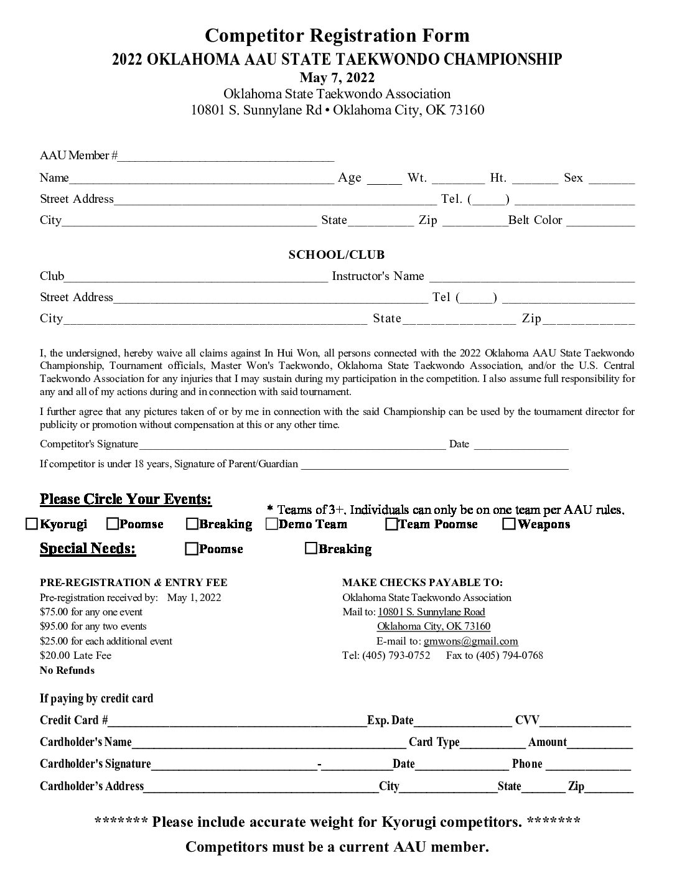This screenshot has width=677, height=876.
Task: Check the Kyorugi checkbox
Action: (x=32, y=524)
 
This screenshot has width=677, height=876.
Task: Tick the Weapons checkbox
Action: (x=508, y=524)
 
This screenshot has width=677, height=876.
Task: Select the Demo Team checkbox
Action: (x=271, y=524)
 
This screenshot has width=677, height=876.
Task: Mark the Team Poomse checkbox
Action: (x=391, y=524)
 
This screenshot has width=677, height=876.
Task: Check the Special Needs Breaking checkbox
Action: (x=311, y=548)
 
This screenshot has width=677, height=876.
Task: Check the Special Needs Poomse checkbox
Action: (x=192, y=548)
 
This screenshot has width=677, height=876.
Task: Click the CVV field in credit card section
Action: (x=585, y=723)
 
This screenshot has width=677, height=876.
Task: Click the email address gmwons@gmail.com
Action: (x=470, y=641)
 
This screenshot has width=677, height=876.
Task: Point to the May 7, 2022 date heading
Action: (x=337, y=77)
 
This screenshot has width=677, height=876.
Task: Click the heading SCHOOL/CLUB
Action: (x=337, y=254)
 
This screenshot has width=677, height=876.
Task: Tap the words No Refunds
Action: (x=67, y=670)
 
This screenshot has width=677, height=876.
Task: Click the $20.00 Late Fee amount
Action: (x=75, y=655)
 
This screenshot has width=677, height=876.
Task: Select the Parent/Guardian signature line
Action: (x=434, y=466)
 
